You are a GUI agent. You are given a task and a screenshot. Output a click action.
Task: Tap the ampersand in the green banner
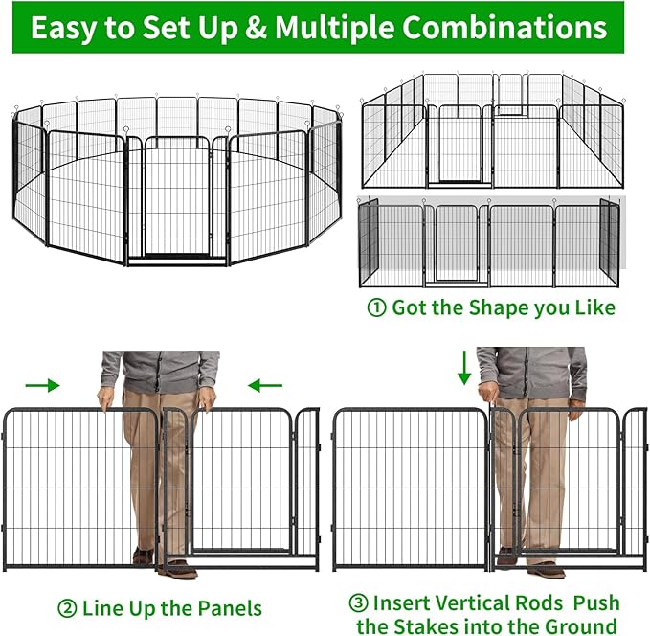(257, 28)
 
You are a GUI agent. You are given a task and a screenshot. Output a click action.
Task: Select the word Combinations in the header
(504, 28)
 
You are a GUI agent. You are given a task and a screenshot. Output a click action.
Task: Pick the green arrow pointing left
(264, 385)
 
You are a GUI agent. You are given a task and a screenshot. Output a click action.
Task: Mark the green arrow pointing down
(464, 367)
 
